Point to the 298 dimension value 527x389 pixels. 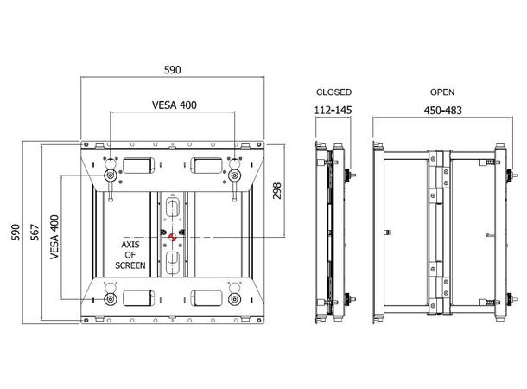tap(276, 191)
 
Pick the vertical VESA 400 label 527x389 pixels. tap(54, 237)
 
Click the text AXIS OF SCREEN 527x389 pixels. tap(130, 255)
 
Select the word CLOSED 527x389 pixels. tap(333, 91)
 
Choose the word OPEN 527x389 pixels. tap(441, 91)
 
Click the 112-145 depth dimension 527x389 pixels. tap(333, 110)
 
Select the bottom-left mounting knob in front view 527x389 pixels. tap(111, 299)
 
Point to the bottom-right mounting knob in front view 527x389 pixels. tap(235, 299)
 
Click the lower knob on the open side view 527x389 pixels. tap(507, 300)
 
